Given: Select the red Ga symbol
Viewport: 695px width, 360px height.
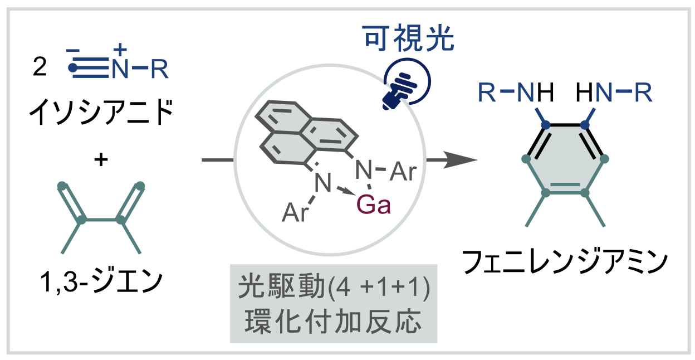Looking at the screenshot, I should tap(374, 206).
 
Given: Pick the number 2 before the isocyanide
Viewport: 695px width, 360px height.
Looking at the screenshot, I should tap(40, 69).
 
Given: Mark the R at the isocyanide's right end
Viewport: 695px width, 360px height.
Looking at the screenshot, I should tap(159, 69).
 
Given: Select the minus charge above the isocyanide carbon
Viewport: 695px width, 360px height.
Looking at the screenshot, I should tap(73, 51).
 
